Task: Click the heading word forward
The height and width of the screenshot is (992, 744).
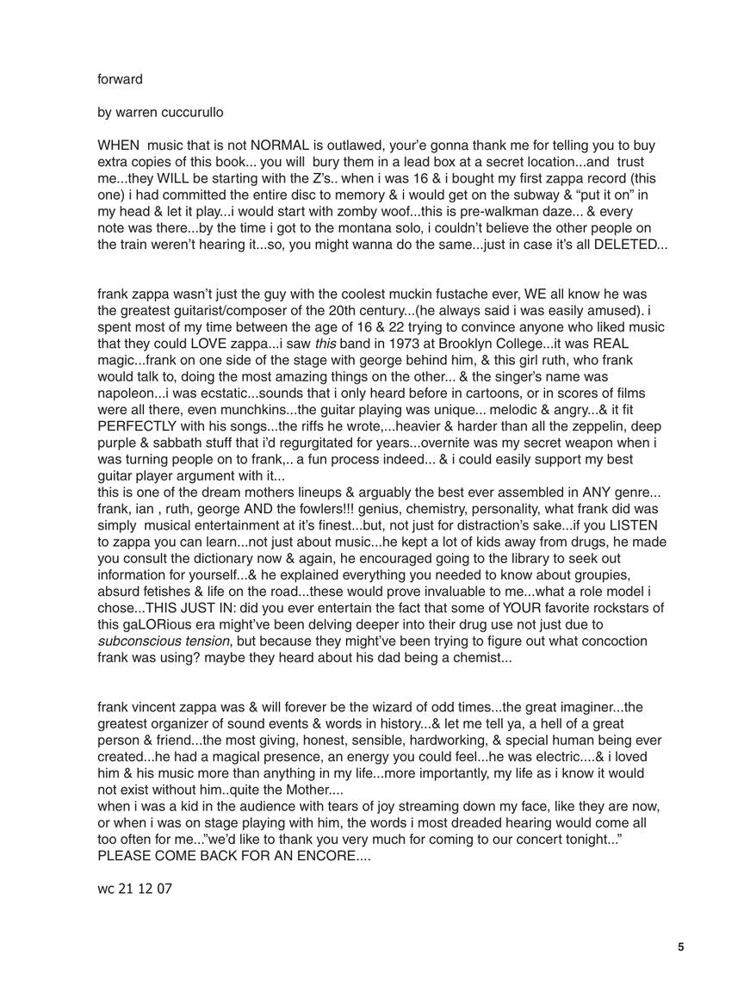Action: pos(120,79)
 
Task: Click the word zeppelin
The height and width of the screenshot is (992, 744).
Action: pos(569,425)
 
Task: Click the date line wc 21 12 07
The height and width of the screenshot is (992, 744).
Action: pos(134,889)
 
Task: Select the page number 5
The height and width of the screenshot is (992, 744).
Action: pos(680,947)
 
